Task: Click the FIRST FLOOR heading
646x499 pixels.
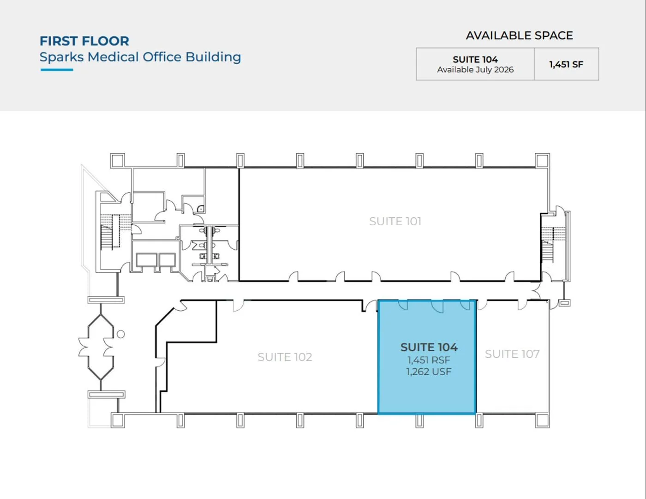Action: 84,41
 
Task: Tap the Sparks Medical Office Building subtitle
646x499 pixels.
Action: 140,57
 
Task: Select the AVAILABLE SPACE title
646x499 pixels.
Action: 520,36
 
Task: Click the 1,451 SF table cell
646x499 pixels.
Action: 566,64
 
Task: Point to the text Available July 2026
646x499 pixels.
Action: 475,70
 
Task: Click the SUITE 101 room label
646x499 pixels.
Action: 395,221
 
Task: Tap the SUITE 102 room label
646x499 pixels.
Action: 285,357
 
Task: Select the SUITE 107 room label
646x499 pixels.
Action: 512,354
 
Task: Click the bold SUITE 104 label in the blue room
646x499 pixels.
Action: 429,347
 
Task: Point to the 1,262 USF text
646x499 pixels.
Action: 429,372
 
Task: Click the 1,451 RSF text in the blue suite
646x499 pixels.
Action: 429,360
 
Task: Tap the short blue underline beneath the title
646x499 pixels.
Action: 57,70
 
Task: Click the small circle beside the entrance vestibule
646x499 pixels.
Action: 121,334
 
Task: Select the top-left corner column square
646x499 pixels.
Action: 117,161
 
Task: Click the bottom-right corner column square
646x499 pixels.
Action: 542,421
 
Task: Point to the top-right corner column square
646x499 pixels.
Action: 542,161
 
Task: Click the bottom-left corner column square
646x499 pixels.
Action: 118,421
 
